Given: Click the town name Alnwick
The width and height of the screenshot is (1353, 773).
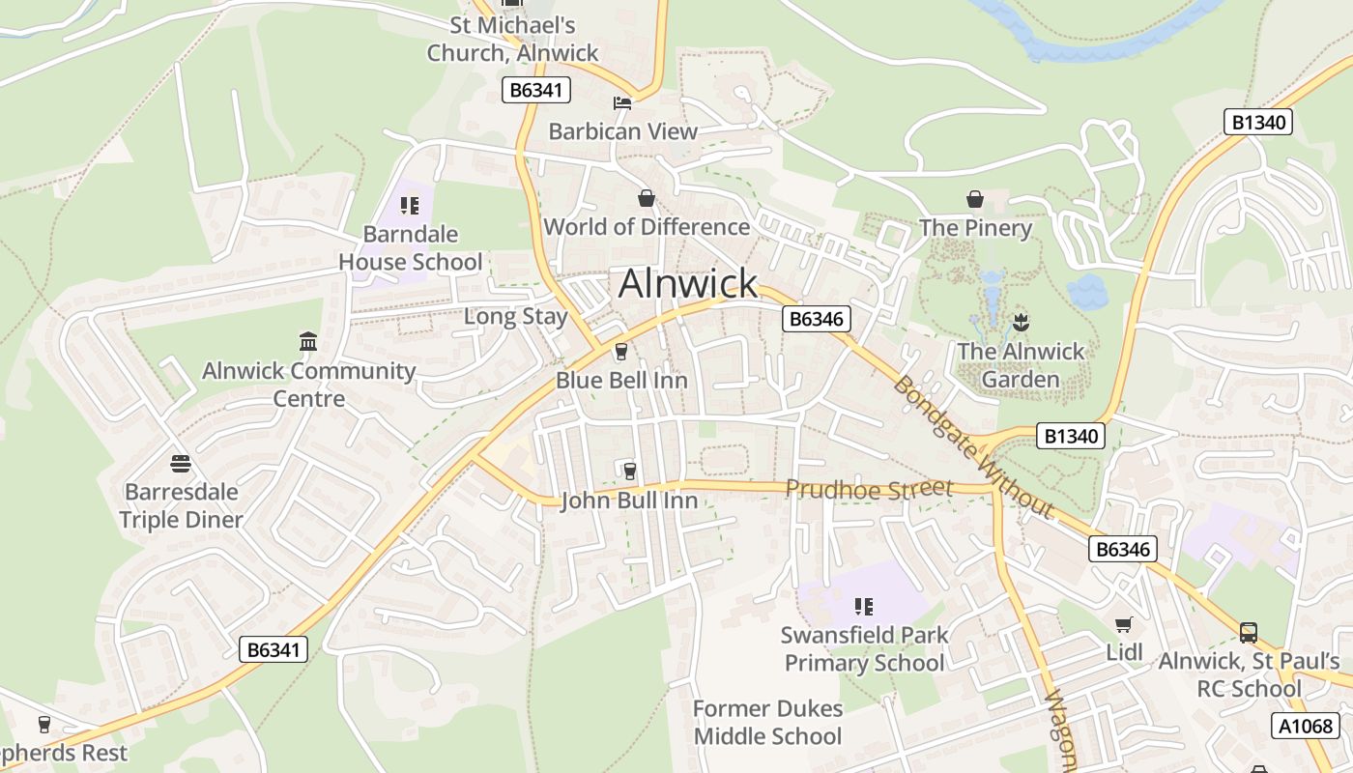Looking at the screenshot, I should tap(688, 283).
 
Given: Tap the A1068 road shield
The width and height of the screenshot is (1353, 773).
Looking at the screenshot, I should tap(1306, 726).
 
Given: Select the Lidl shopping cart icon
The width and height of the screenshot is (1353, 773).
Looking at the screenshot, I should tap(1123, 625).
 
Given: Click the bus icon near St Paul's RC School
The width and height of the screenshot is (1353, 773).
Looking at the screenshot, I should tap(1248, 633).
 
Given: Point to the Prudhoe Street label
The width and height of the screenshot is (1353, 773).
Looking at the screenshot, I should tap(869, 489).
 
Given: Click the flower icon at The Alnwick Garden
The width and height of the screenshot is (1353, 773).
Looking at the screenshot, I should tap(1020, 322).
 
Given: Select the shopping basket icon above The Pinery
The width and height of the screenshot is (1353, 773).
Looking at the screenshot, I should tap(975, 199).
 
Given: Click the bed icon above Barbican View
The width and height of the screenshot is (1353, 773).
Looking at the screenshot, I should tap(622, 102).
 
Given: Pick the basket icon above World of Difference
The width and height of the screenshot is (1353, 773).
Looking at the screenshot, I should tap(647, 198).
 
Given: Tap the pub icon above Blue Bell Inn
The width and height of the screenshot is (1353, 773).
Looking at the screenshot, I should tap(621, 352).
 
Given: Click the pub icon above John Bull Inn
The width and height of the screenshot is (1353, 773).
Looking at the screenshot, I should tap(629, 471).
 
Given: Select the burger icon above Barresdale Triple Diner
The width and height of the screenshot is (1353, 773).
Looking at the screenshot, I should tap(180, 463).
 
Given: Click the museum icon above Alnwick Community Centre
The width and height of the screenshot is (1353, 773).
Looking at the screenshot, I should tap(308, 341).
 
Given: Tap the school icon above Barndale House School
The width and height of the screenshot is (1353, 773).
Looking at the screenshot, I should tap(410, 205).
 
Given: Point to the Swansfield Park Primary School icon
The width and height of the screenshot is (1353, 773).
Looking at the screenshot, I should tap(863, 607).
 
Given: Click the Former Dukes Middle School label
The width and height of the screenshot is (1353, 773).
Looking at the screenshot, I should tap(767, 722).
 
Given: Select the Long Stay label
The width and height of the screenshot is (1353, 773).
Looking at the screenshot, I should tap(515, 316).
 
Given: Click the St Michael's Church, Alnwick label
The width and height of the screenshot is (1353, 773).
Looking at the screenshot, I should tap(513, 39).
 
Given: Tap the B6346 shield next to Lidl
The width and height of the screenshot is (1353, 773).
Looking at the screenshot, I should tap(1122, 550).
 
